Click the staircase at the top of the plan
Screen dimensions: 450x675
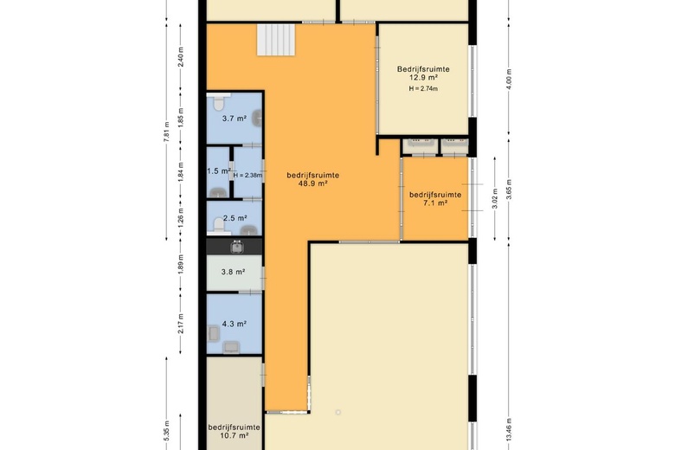click(277, 39)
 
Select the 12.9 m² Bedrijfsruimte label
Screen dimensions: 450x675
click(423, 74)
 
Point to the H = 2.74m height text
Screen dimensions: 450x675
click(423, 88)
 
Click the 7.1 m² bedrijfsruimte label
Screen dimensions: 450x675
click(434, 199)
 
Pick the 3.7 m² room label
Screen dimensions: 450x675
click(234, 119)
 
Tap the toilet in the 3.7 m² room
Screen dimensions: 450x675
click(220, 100)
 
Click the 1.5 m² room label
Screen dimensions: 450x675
click(217, 171)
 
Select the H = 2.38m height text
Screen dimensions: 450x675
click(249, 176)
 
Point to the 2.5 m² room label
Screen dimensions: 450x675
click(235, 218)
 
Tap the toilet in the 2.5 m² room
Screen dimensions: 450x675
click(218, 227)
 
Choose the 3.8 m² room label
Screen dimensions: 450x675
click(234, 273)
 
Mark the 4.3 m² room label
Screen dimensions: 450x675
click(235, 324)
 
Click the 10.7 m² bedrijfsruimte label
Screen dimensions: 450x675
click(234, 432)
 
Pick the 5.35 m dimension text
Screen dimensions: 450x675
click(165, 430)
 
